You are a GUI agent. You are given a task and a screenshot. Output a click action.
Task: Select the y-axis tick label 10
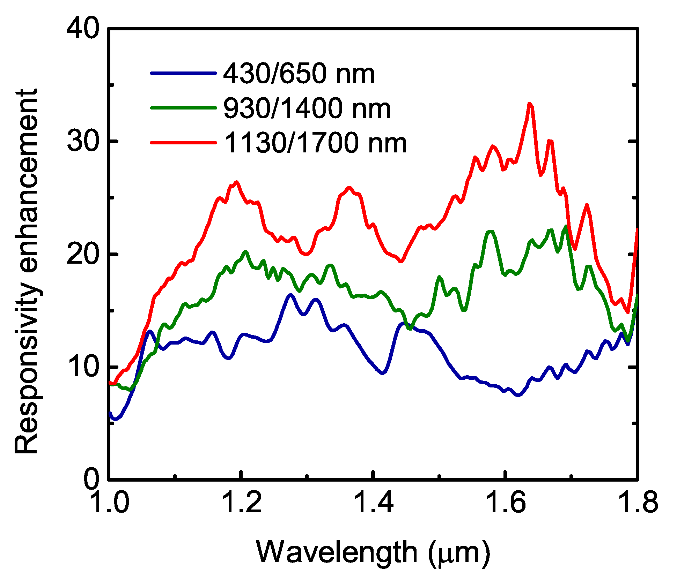tap(82, 367)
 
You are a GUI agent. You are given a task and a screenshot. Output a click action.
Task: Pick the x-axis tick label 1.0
tap(110, 503)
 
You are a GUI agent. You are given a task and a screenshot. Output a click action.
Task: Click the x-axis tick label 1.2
tap(242, 503)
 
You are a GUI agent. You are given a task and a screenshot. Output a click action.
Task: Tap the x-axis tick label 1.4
tap(374, 503)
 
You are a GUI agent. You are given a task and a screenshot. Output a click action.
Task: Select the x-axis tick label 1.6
tap(506, 503)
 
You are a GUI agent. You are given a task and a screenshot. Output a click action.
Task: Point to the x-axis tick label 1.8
tap(638, 503)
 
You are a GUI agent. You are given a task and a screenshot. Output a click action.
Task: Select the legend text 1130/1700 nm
tap(315, 143)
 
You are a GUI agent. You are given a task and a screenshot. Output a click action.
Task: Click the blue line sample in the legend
tap(183, 73)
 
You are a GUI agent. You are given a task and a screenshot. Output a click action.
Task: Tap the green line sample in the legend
tap(183, 108)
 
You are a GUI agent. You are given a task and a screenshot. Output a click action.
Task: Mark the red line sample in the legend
tap(183, 142)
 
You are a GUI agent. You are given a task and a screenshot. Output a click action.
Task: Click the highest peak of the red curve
tap(530, 104)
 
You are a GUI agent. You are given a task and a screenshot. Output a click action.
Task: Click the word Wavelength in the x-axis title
tap(337, 553)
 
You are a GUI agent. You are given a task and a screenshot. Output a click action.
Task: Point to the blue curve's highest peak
tap(290, 295)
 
